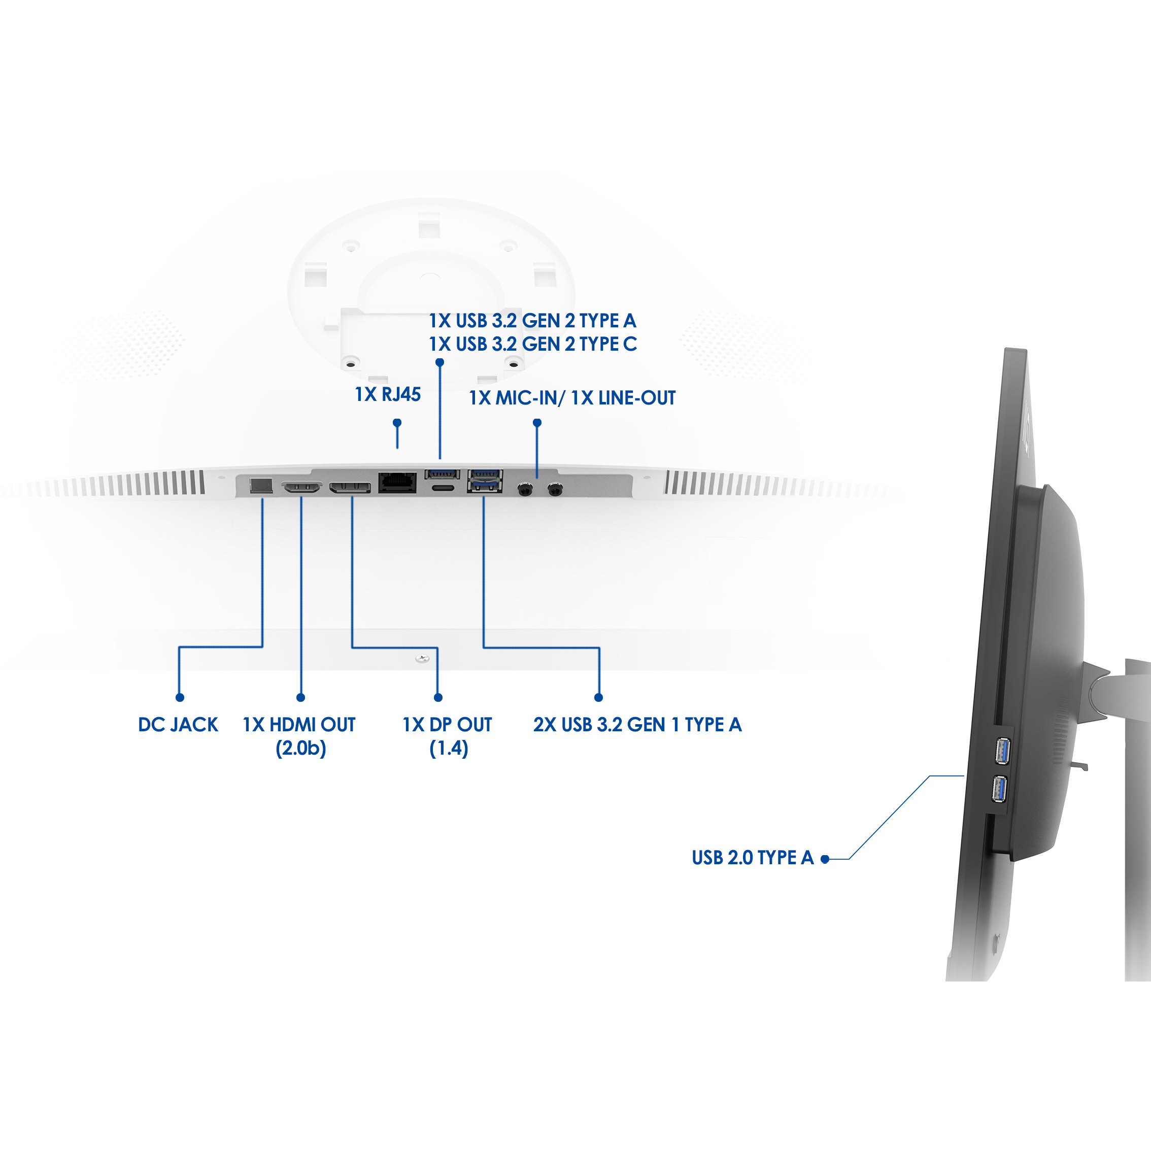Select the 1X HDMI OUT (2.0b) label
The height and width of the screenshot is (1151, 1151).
(299, 736)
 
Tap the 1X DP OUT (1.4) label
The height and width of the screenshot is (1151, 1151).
(448, 736)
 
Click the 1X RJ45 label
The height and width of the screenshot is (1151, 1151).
(388, 394)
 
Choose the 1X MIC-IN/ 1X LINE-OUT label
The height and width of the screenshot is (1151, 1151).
(572, 398)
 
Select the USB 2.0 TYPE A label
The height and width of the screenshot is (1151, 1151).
(753, 857)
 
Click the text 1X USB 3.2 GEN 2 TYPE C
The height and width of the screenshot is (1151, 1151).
(532, 345)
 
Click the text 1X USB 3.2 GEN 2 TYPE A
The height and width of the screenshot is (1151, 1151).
(532, 321)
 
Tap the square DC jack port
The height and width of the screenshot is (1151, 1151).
(261, 486)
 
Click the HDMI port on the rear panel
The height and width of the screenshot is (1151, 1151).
(301, 488)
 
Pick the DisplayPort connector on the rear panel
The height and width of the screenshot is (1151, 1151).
(350, 488)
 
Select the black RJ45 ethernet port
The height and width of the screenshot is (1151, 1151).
(397, 482)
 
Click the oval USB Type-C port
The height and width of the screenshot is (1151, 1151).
(442, 489)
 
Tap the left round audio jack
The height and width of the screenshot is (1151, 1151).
(525, 490)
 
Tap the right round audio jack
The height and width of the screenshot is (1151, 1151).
(555, 490)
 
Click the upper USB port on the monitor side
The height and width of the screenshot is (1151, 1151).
(1003, 751)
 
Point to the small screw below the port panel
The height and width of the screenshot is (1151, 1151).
(422, 658)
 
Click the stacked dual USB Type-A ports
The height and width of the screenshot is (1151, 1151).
(485, 481)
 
